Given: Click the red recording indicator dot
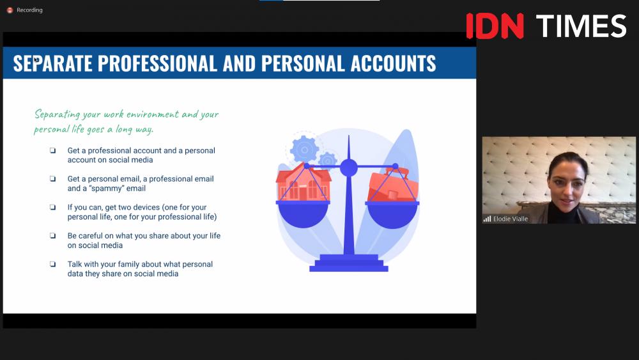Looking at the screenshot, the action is pyautogui.click(x=10, y=10).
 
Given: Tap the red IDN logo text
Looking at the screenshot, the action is pyautogui.click(x=495, y=26).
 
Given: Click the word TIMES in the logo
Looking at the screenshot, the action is pyautogui.click(x=581, y=26).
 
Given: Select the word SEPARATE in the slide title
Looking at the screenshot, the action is pyautogui.click(x=52, y=63).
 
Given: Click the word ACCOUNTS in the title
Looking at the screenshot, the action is pyautogui.click(x=393, y=63).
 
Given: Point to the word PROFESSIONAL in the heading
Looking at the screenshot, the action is pyautogui.click(x=157, y=63).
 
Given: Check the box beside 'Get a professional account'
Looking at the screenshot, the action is pyautogui.click(x=52, y=150).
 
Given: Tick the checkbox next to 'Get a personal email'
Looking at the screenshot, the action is pyautogui.click(x=52, y=178).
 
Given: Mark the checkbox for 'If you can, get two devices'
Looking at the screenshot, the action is pyautogui.click(x=52, y=207).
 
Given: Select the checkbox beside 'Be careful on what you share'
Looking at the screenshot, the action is pyautogui.click(x=52, y=236).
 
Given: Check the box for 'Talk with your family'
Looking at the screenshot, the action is pyautogui.click(x=52, y=264).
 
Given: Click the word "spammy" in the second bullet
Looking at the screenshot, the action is pyautogui.click(x=103, y=189).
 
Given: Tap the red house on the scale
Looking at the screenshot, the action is pyautogui.click(x=303, y=182).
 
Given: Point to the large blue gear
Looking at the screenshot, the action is pyautogui.click(x=304, y=150).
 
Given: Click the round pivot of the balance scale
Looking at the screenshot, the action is pyautogui.click(x=348, y=168).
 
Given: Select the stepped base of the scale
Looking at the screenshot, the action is pyautogui.click(x=349, y=263).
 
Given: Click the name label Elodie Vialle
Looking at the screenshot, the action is pyautogui.click(x=510, y=219).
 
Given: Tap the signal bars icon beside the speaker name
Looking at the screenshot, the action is pyautogui.click(x=487, y=219).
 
